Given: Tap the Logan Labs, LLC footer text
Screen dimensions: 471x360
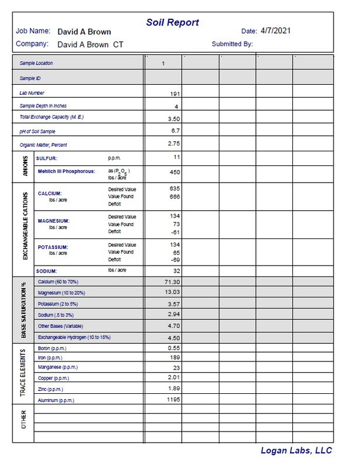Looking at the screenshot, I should [296, 450].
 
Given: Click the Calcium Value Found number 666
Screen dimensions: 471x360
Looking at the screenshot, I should [173, 196].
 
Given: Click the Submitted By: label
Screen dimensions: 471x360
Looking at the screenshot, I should [232, 44].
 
